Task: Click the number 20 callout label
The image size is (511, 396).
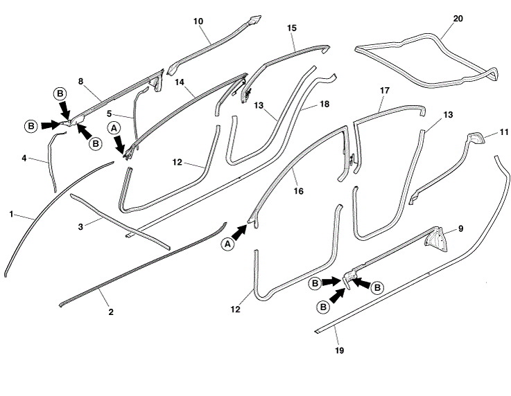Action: [458, 18]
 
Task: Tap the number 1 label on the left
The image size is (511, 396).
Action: [12, 214]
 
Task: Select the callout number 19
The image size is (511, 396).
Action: [338, 350]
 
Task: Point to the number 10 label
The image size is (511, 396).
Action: [198, 21]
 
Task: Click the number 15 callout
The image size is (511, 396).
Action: [292, 28]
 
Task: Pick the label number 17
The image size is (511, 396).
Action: [386, 91]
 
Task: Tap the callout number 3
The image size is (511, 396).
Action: [80, 226]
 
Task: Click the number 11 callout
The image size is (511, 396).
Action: [503, 131]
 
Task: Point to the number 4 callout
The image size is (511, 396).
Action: [24, 158]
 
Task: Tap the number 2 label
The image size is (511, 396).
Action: [111, 312]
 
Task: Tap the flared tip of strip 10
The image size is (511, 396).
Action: [256, 19]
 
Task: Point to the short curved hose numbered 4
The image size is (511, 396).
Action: [53, 163]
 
